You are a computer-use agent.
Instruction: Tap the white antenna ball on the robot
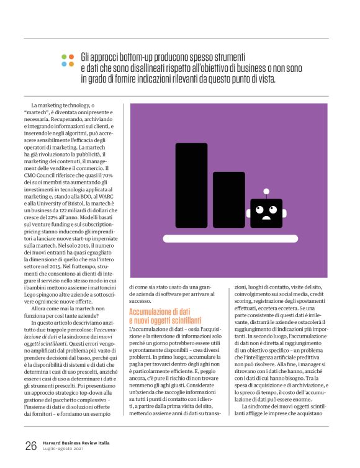(x=266, y=191)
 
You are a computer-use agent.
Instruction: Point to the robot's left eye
(x=260, y=209)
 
